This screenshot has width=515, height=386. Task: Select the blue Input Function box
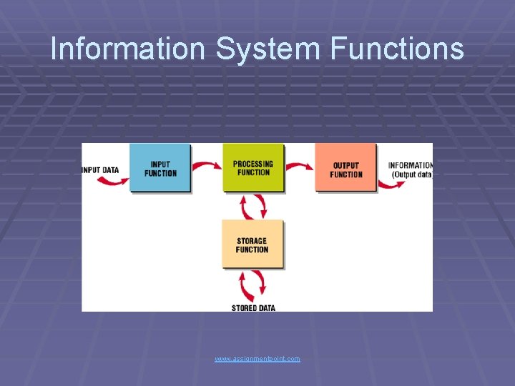(160, 168)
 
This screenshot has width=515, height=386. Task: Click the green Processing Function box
(252, 168)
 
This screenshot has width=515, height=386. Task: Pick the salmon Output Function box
(346, 169)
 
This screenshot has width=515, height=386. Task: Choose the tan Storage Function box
(252, 245)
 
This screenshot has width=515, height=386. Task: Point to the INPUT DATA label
(101, 170)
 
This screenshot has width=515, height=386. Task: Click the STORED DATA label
(253, 308)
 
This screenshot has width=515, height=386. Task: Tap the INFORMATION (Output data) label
(411, 170)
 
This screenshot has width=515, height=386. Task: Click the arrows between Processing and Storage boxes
(253, 207)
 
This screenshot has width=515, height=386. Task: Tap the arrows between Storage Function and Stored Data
(253, 286)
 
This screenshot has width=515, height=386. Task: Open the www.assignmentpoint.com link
(257, 358)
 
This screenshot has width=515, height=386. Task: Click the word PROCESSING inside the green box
(252, 164)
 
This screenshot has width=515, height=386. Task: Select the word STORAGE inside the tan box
(252, 241)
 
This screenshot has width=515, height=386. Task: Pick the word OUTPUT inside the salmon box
(346, 166)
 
